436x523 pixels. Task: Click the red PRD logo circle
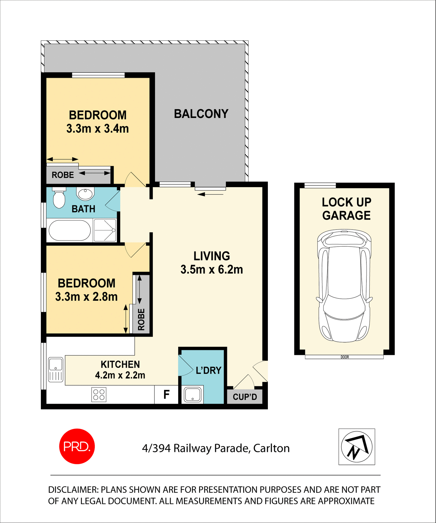(x=77, y=446)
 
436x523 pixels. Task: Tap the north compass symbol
(x=357, y=446)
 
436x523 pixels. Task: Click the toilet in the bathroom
(x=59, y=198)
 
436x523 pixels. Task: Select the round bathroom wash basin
(x=85, y=194)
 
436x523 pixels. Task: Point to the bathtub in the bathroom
(x=70, y=230)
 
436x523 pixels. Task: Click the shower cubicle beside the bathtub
(x=105, y=230)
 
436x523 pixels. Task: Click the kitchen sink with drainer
(x=56, y=370)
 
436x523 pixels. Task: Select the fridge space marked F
(x=166, y=394)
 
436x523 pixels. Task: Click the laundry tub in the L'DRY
(x=192, y=394)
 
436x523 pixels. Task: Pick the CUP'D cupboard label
(x=245, y=397)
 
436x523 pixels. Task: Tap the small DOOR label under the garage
(x=344, y=357)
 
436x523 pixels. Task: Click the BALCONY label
(x=201, y=114)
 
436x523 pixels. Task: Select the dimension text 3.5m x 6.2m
(x=211, y=269)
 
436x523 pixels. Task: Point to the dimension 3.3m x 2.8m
(x=86, y=297)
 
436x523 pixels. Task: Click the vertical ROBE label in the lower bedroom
(x=141, y=319)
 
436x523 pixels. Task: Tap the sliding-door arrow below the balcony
(x=210, y=194)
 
